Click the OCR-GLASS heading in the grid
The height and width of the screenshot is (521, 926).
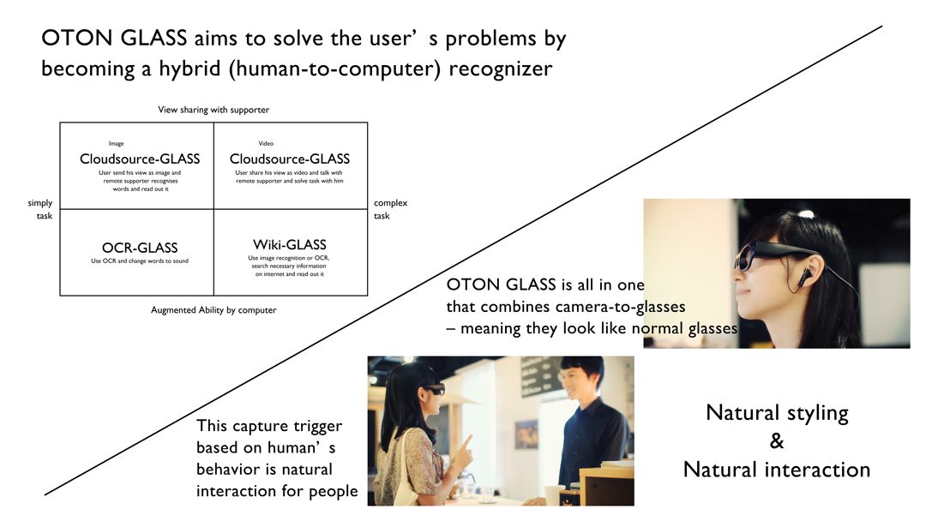140,248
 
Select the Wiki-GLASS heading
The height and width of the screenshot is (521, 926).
290,245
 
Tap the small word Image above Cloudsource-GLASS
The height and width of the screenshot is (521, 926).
117,143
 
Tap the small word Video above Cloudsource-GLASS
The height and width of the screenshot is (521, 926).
266,143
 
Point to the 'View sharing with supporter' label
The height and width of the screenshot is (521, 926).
213,110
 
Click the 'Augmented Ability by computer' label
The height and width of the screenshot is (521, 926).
213,310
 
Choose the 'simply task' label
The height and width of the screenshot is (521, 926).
41,209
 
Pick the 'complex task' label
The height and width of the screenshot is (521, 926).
390,209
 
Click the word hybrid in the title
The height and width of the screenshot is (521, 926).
189,69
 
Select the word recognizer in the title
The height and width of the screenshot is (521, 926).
501,69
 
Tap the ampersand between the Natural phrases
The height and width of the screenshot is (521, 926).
777,440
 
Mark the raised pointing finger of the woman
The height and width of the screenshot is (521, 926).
467,442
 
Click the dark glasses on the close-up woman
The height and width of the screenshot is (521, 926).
767,253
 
